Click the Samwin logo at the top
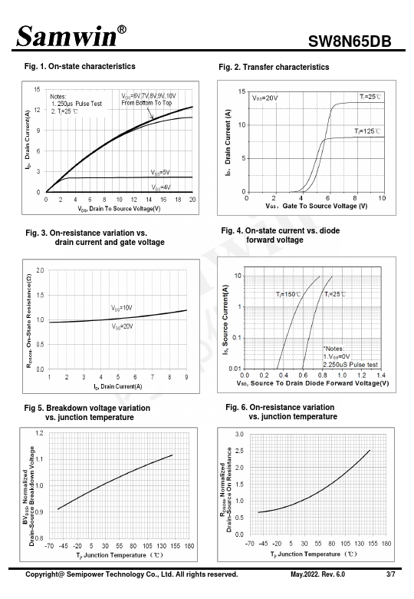pyautogui.click(x=71, y=36)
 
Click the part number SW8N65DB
pyautogui.click(x=350, y=41)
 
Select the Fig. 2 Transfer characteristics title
pyautogui.click(x=274, y=68)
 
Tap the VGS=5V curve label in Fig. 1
pyautogui.click(x=160, y=173)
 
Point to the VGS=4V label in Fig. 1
pyautogui.click(x=161, y=187)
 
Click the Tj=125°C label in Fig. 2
pyautogui.click(x=367, y=131)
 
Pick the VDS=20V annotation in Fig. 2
pyautogui.click(x=265, y=98)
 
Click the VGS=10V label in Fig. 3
pyautogui.click(x=122, y=308)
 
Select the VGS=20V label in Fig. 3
pyautogui.click(x=123, y=326)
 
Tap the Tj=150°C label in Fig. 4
pyautogui.click(x=288, y=294)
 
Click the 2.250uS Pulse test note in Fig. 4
pyautogui.click(x=350, y=365)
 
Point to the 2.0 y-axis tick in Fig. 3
pyautogui.click(x=40, y=270)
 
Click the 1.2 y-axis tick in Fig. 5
pyautogui.click(x=39, y=433)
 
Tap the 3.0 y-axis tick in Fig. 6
pyautogui.click(x=239, y=435)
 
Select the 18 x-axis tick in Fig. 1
pyautogui.click(x=178, y=200)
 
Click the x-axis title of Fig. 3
pyautogui.click(x=118, y=386)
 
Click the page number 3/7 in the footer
pyautogui.click(x=391, y=574)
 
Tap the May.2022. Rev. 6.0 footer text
pyautogui.click(x=317, y=574)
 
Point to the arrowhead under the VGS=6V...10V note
pyautogui.click(x=152, y=117)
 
